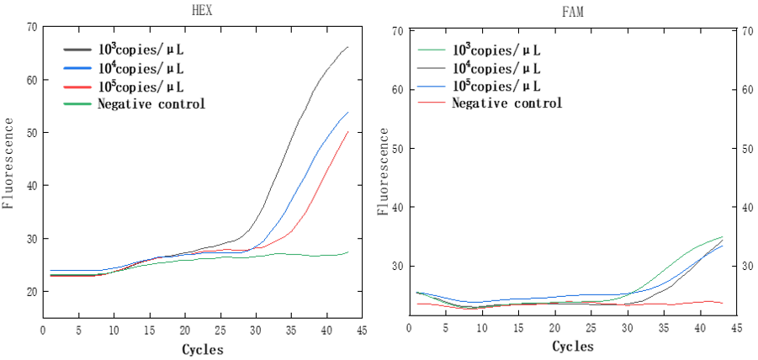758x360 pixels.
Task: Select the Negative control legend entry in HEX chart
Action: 151,103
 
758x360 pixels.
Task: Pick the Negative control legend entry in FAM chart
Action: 507,103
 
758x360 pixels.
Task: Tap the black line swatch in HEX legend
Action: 78,50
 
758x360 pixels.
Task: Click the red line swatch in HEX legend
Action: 78,87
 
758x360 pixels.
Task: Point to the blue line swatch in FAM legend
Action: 432,85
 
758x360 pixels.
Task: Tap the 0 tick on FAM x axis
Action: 410,328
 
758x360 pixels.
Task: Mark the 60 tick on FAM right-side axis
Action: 745,90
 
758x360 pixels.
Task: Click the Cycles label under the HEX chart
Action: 203,349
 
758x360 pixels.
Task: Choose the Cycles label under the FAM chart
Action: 573,347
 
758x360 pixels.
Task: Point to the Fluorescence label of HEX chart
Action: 8,164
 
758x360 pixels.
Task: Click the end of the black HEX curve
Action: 348,47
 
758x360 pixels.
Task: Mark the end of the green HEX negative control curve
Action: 348,251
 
